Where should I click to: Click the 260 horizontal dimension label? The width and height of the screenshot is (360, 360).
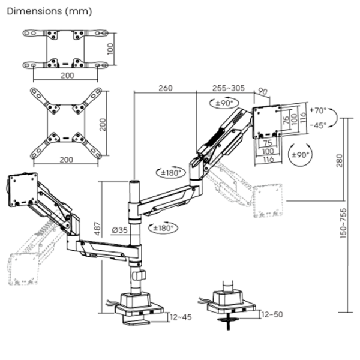point(166,88)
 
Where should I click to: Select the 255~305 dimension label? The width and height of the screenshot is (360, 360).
point(229,88)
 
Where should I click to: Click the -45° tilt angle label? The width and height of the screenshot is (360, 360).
point(318,125)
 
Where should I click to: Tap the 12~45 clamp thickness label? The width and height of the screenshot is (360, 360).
point(180,317)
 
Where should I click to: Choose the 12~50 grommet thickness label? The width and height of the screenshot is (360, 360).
point(273,314)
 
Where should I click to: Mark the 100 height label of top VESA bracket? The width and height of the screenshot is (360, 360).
point(110,48)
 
